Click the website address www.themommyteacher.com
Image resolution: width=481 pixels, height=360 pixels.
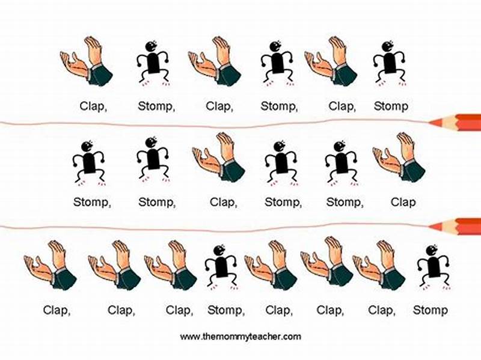[240, 337]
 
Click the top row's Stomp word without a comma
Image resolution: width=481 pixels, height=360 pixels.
[391, 106]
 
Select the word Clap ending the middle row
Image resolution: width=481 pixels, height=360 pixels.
[403, 202]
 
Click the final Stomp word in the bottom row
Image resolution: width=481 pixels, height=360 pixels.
[430, 310]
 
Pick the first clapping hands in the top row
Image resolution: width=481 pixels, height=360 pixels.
[87, 62]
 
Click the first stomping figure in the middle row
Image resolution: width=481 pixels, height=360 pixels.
[89, 161]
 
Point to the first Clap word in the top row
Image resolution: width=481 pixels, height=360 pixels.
[93, 106]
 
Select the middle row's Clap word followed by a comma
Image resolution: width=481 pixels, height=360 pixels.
[223, 202]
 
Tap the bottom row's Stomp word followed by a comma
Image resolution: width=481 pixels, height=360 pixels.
[226, 310]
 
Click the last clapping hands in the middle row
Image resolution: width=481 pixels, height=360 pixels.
[399, 157]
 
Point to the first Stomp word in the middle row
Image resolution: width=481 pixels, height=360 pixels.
[92, 202]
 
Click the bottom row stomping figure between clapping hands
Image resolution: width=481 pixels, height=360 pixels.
[221, 265]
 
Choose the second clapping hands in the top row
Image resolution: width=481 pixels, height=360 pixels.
[215, 62]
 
